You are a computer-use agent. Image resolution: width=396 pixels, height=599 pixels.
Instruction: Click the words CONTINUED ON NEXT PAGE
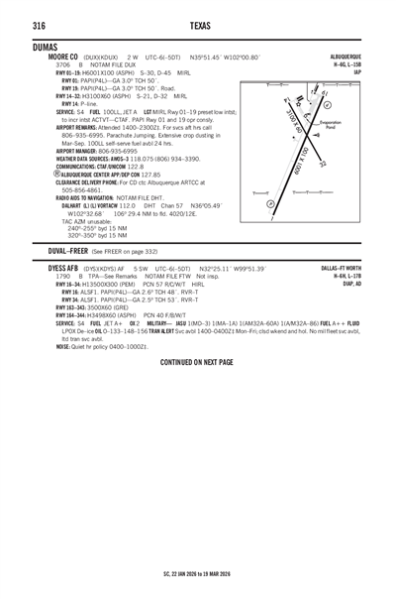197,363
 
